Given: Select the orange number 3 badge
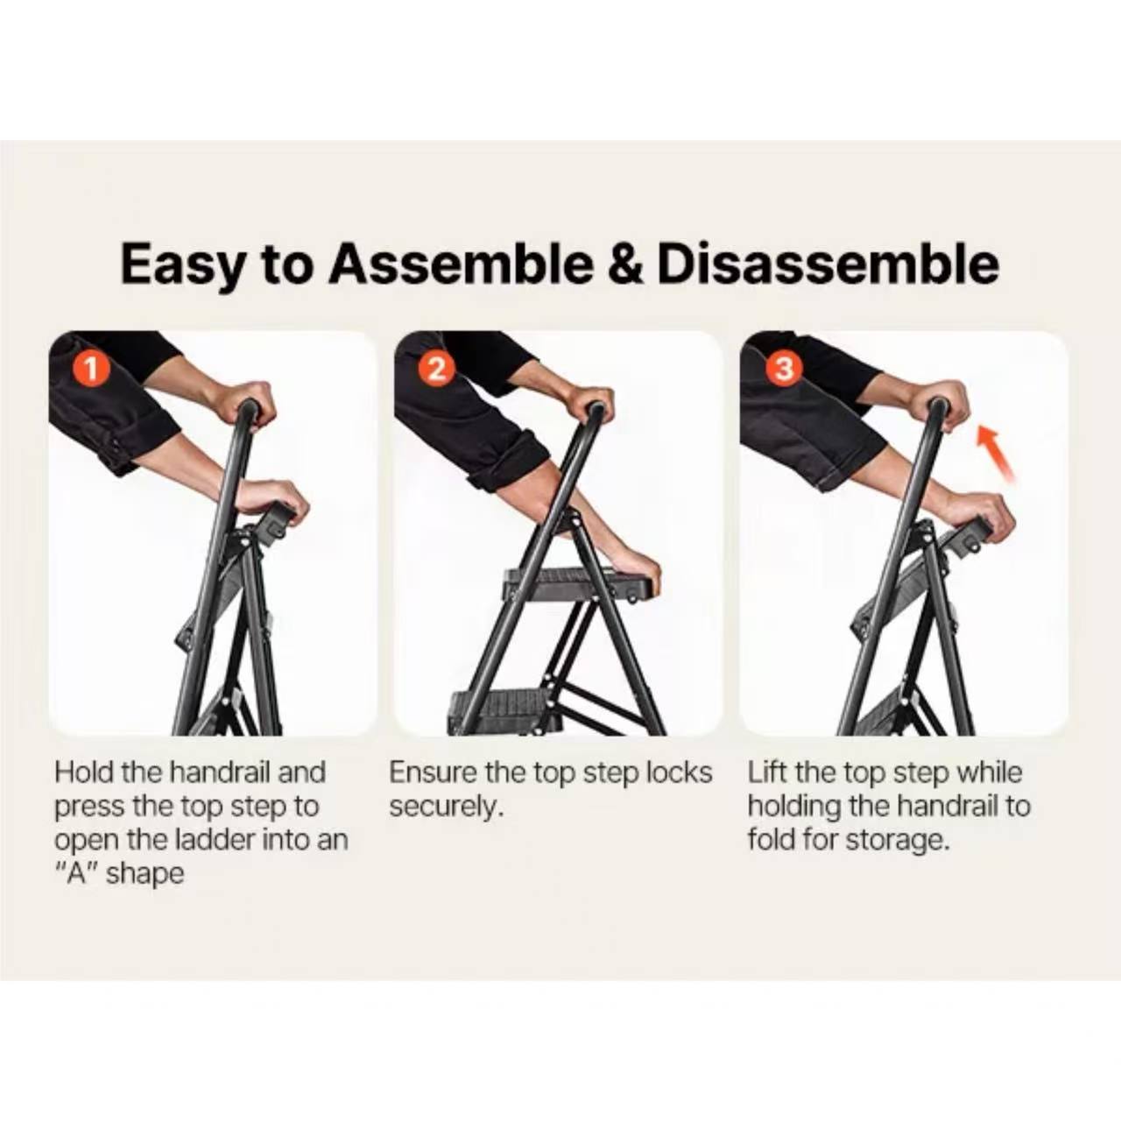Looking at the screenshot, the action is coord(784,368).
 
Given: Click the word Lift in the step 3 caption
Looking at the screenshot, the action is coord(767,772).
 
